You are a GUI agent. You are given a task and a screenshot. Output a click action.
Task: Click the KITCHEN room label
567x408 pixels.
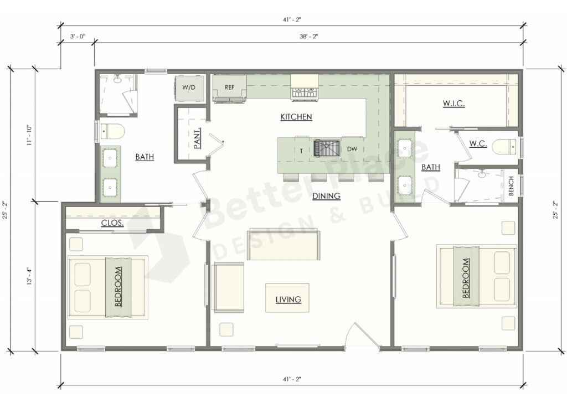[x=296, y=117]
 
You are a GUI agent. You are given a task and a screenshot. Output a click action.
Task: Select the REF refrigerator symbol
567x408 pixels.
[x=229, y=87]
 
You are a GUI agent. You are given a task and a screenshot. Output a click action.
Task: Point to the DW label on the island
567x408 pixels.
[x=352, y=149]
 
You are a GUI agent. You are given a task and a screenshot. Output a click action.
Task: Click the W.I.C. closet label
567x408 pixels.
[x=453, y=104]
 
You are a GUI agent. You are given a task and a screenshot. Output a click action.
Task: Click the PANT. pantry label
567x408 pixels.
[x=197, y=138]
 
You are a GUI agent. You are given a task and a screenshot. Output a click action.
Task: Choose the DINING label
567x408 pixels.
[x=326, y=195]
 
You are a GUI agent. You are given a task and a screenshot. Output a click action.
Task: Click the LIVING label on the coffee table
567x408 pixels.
[x=288, y=299]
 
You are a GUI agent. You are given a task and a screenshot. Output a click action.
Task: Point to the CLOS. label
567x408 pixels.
[x=112, y=224]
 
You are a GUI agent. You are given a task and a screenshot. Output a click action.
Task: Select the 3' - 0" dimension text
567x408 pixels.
[x=77, y=37]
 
